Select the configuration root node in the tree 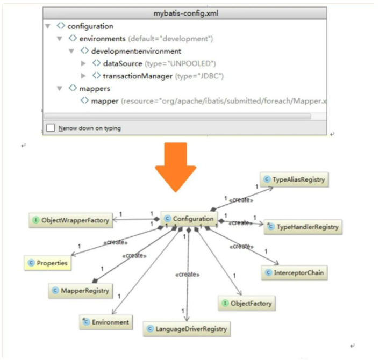(90, 26)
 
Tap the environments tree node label (102, 39)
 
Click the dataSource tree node (123, 63)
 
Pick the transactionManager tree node (138, 76)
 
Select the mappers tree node (95, 88)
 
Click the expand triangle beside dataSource (83, 63)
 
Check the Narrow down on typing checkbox (51, 128)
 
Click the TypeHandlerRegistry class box (303, 227)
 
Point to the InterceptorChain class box (294, 273)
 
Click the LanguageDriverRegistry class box (187, 328)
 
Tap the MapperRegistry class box (81, 291)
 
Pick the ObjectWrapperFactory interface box (70, 220)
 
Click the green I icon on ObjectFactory (226, 304)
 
